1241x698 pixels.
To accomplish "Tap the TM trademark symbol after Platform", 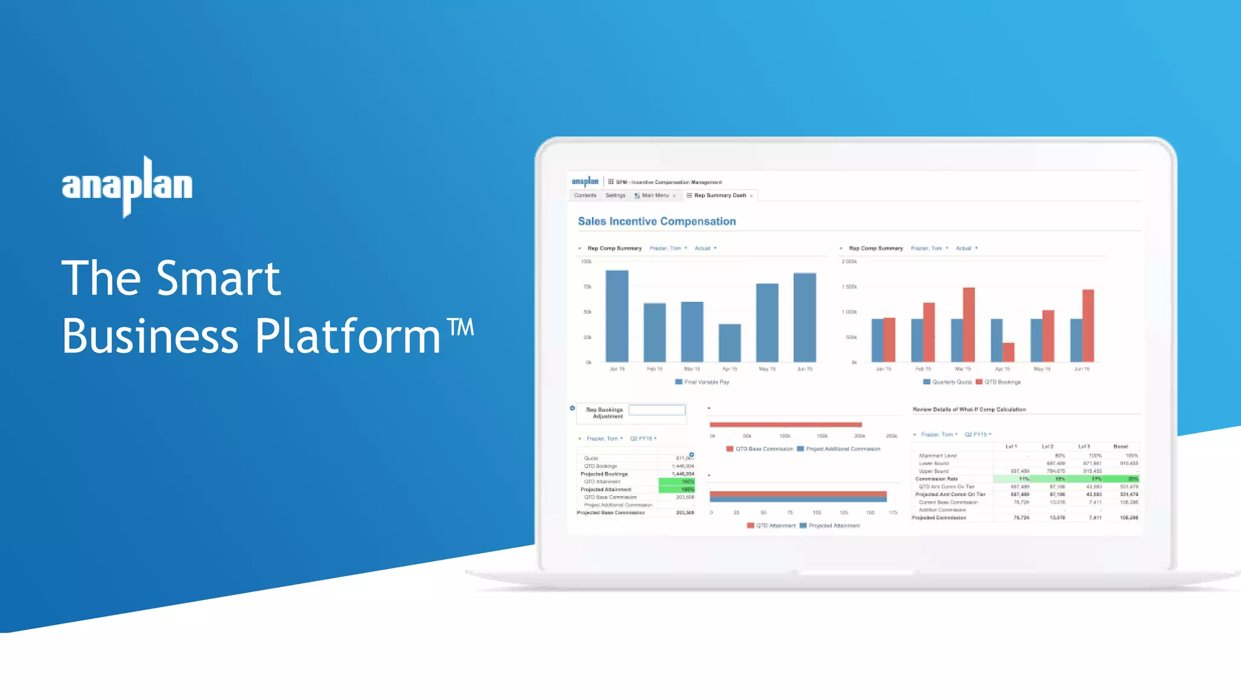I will pyautogui.click(x=461, y=327).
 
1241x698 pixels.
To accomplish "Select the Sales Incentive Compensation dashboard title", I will pyautogui.click(x=657, y=222).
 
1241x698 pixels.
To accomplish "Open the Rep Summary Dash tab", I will pyautogui.click(x=720, y=196).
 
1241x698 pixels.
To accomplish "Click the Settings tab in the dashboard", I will pyautogui.click(x=615, y=196).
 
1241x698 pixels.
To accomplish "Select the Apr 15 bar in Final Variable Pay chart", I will pyautogui.click(x=730, y=343).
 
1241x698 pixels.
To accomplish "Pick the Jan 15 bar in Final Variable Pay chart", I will pyautogui.click(x=617, y=316).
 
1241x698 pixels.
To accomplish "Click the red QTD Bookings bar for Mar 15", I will pyautogui.click(x=969, y=325).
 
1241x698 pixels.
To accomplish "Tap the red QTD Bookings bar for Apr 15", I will pyautogui.click(x=1008, y=352).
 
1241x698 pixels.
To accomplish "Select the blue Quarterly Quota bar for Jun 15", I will pyautogui.click(x=1076, y=340).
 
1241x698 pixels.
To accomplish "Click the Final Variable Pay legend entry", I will pyautogui.click(x=702, y=382).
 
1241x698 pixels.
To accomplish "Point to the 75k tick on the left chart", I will pyautogui.click(x=587, y=287).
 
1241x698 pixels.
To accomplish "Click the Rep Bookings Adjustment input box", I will pyautogui.click(x=657, y=411).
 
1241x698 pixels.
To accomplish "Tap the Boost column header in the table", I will pyautogui.click(x=1120, y=447).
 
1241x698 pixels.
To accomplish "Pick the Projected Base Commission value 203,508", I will pyautogui.click(x=685, y=513).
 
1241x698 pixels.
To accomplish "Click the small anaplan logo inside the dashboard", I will pyautogui.click(x=585, y=181).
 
